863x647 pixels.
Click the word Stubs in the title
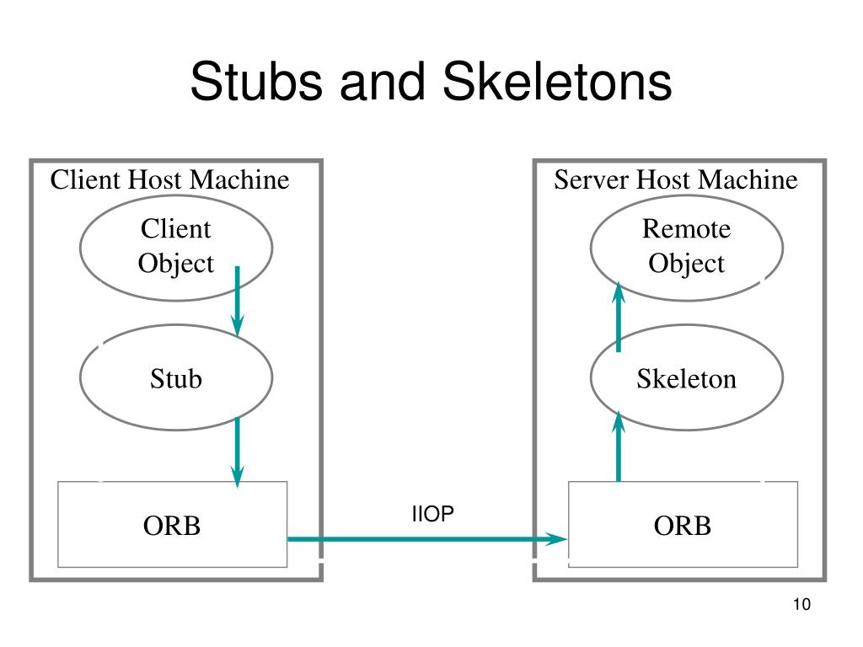click(x=256, y=82)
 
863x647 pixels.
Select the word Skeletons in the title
click(x=557, y=82)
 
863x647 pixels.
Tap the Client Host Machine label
click(x=169, y=179)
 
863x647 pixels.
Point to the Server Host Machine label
click(x=675, y=179)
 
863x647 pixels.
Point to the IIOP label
click(x=432, y=513)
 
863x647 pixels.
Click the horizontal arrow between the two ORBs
click(x=427, y=539)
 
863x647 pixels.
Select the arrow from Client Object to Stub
click(x=237, y=301)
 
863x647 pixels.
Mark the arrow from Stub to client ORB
click(x=237, y=452)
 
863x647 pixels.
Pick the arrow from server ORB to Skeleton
click(x=619, y=446)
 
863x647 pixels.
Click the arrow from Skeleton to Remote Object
click(x=619, y=317)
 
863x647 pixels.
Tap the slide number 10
click(x=801, y=604)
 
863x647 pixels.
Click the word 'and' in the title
click(x=383, y=82)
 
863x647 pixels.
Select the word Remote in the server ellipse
click(x=686, y=228)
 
